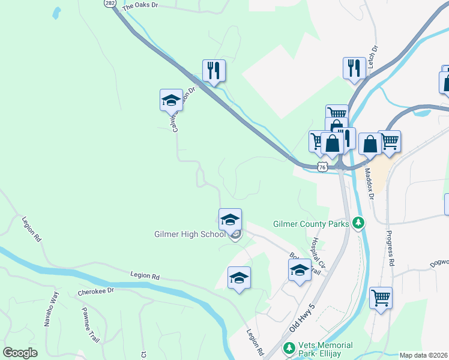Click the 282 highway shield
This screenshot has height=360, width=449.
click(109, 3)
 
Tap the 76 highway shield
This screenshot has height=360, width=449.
click(322, 167)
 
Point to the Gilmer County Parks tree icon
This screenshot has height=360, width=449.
click(359, 224)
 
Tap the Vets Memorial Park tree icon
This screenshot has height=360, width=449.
click(289, 348)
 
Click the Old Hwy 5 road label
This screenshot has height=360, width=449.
click(302, 318)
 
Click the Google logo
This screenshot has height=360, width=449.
click(20, 353)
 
